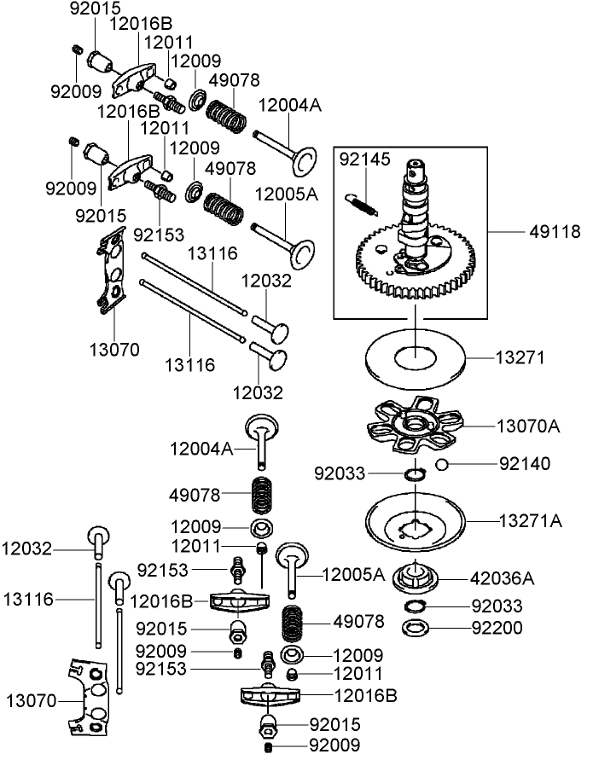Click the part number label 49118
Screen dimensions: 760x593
555,232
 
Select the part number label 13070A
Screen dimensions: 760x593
529,425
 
